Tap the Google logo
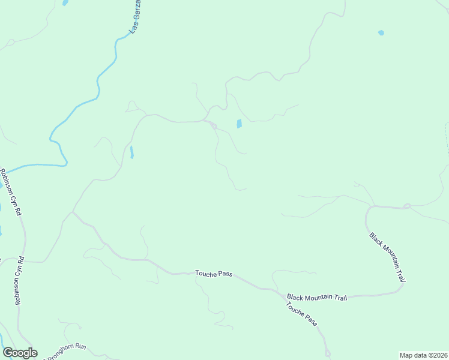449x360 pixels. click(x=20, y=353)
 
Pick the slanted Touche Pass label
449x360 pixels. click(x=301, y=314)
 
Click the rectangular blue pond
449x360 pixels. click(x=239, y=124)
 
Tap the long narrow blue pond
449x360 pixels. click(x=131, y=152)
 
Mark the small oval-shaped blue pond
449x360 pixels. click(x=381, y=32)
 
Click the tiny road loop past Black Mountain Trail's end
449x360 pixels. click(x=407, y=206)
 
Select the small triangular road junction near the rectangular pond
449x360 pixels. click(x=213, y=125)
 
